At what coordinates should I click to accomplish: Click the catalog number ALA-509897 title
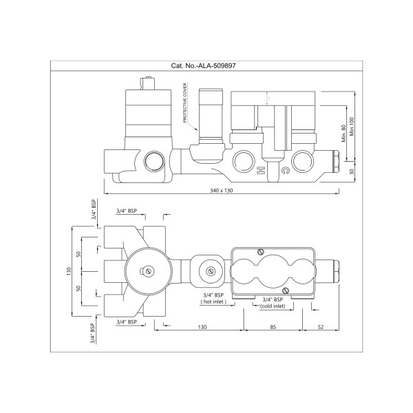pos(203,65)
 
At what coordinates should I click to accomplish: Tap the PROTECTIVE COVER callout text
pos(185,103)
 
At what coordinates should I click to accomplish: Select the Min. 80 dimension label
pos(343,134)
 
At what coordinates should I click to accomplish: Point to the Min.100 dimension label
pos(352,127)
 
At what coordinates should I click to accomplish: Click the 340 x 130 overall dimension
pos(222,191)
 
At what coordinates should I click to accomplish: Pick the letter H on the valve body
pos(260,171)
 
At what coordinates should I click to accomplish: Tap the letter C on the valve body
pos(285,171)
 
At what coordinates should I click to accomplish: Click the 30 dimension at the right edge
pos(352,171)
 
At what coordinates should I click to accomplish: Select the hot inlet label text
pos(213,302)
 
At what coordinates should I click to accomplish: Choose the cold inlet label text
pos(273,306)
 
